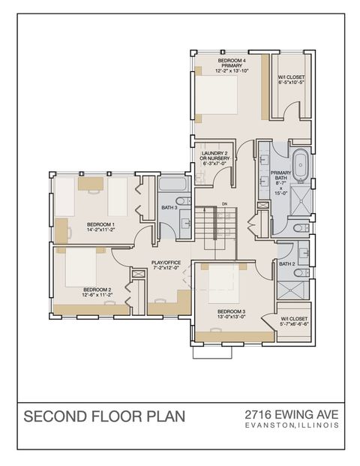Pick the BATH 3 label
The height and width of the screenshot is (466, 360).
169,207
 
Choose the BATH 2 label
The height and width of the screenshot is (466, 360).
286,264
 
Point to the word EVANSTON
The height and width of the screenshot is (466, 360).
273,425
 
